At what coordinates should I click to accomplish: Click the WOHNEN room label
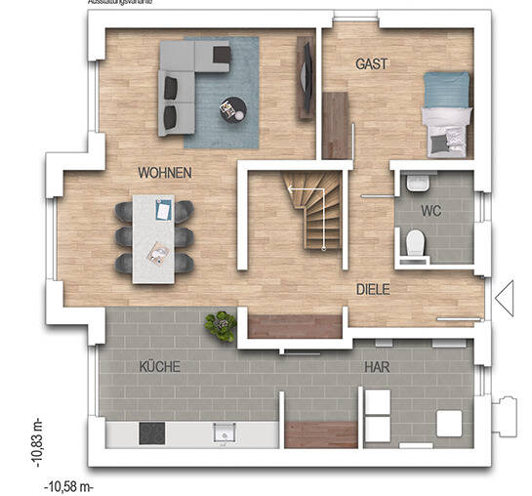point(164,173)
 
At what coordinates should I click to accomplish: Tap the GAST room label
point(371,63)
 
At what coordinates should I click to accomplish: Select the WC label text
point(431,210)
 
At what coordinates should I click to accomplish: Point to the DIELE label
point(374,289)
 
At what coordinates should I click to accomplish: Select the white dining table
point(154,238)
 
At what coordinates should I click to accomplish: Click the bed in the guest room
point(448,114)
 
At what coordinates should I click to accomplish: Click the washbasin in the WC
point(418,183)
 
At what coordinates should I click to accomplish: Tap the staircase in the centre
point(313,209)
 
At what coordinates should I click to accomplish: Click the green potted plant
point(223,325)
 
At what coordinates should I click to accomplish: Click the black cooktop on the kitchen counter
point(153,433)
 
